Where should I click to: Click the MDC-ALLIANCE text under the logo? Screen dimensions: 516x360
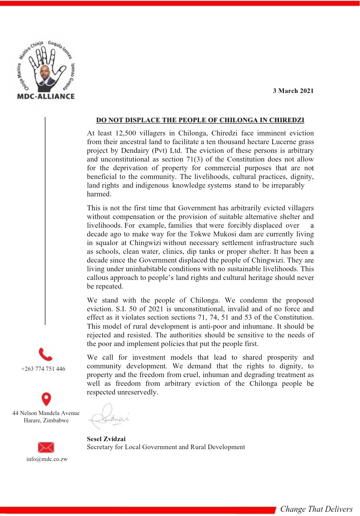coord(46,96)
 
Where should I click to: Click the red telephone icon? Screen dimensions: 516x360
coord(45,354)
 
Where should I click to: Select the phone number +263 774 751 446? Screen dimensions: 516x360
coord(43,369)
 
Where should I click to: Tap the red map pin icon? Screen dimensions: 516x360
coord(46,399)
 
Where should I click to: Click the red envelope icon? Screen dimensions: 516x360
coord(46,447)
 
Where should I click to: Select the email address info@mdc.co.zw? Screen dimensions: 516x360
coord(47,459)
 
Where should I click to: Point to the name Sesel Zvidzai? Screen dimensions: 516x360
coord(106,439)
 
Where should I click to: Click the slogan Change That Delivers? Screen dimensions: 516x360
coord(316,509)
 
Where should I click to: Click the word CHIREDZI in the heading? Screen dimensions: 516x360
coord(286,120)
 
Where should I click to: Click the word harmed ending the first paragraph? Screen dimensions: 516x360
coord(99,194)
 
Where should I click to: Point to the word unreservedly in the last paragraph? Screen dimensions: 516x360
coord(137,392)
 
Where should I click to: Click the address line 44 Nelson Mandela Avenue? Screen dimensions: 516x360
coord(46,413)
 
